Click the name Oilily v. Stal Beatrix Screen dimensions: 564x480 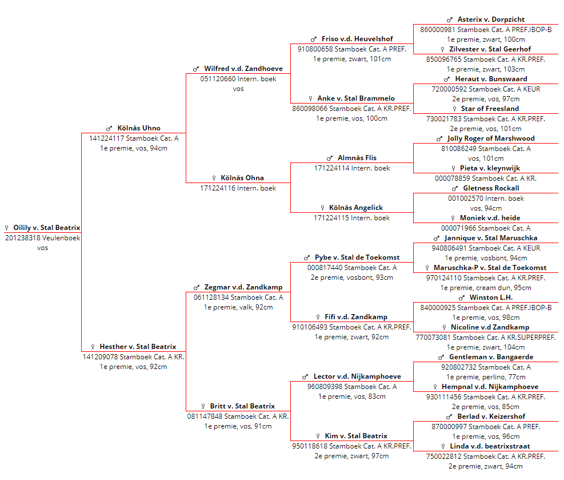pos(47,228)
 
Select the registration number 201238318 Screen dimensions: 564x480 pos(22,238)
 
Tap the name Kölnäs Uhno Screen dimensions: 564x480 pos(139,128)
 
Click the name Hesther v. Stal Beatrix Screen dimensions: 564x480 pos(138,347)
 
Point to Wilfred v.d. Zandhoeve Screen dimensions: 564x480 pos(243,69)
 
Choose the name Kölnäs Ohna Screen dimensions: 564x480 pos(242,178)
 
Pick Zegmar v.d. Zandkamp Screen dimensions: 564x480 pos(243,287)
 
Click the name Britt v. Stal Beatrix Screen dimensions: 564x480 pos(242,406)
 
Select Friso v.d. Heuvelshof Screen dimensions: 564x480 pos(357,39)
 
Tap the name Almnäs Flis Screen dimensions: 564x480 pos(357,158)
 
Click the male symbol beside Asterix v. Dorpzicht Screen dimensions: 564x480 pos(450,20)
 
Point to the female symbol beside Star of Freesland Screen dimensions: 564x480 pos(455,109)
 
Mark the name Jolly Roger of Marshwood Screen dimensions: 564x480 pos(491,138)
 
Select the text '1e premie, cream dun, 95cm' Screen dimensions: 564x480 pos(486,288)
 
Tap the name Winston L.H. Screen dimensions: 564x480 pos(491,297)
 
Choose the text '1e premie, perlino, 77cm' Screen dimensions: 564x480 pos(486,377)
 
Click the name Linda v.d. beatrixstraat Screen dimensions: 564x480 pos(490,446)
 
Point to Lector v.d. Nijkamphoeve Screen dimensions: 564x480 pos(357,376)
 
